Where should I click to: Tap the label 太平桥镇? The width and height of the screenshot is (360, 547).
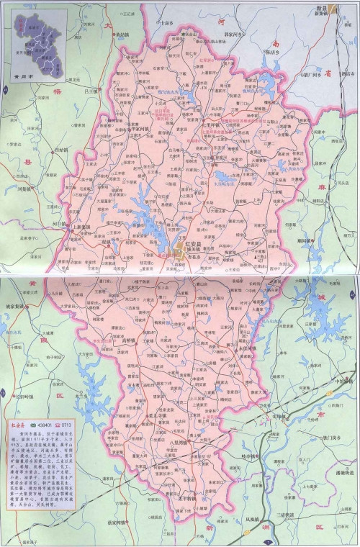(180, 497)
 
